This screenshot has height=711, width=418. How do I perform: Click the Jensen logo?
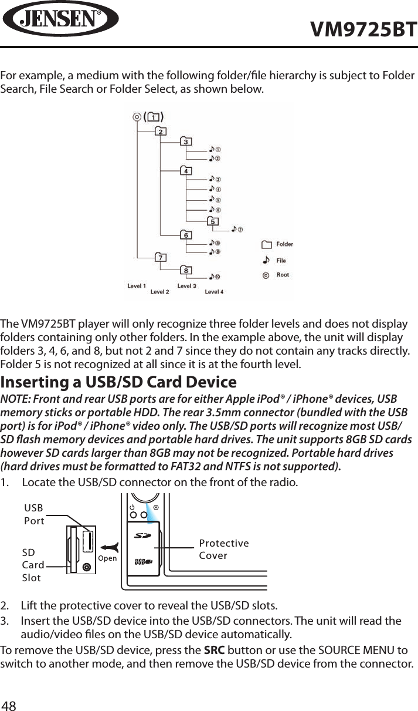[60, 19]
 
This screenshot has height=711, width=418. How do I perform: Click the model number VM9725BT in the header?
[363, 29]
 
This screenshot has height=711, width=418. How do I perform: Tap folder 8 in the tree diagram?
[186, 270]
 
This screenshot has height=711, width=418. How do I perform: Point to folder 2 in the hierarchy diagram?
[160, 132]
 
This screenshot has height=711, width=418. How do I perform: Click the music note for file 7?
[234, 228]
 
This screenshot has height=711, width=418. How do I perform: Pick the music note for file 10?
[211, 277]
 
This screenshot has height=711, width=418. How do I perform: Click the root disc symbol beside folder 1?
[137, 117]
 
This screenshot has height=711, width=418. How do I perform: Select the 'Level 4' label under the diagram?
[213, 292]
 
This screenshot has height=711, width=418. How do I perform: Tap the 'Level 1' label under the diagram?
[137, 286]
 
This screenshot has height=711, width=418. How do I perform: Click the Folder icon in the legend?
[267, 244]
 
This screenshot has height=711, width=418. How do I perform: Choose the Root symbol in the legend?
[267, 275]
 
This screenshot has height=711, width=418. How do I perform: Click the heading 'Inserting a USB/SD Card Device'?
[118, 382]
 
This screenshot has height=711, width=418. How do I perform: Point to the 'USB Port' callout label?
[34, 514]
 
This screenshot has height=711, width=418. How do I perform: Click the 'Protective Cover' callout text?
[223, 549]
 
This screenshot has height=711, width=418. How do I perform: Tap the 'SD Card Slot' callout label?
[33, 565]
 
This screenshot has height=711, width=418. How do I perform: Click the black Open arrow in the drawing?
[111, 547]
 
